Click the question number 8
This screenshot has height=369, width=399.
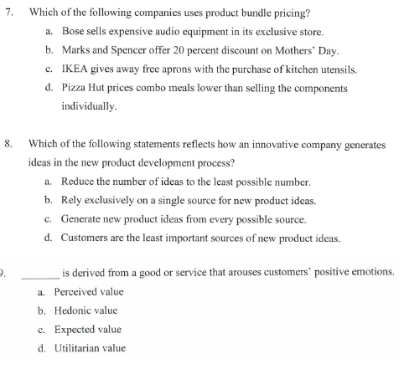[8, 145]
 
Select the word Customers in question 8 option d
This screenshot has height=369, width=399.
[89, 237]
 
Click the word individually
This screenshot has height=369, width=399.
[90, 107]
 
